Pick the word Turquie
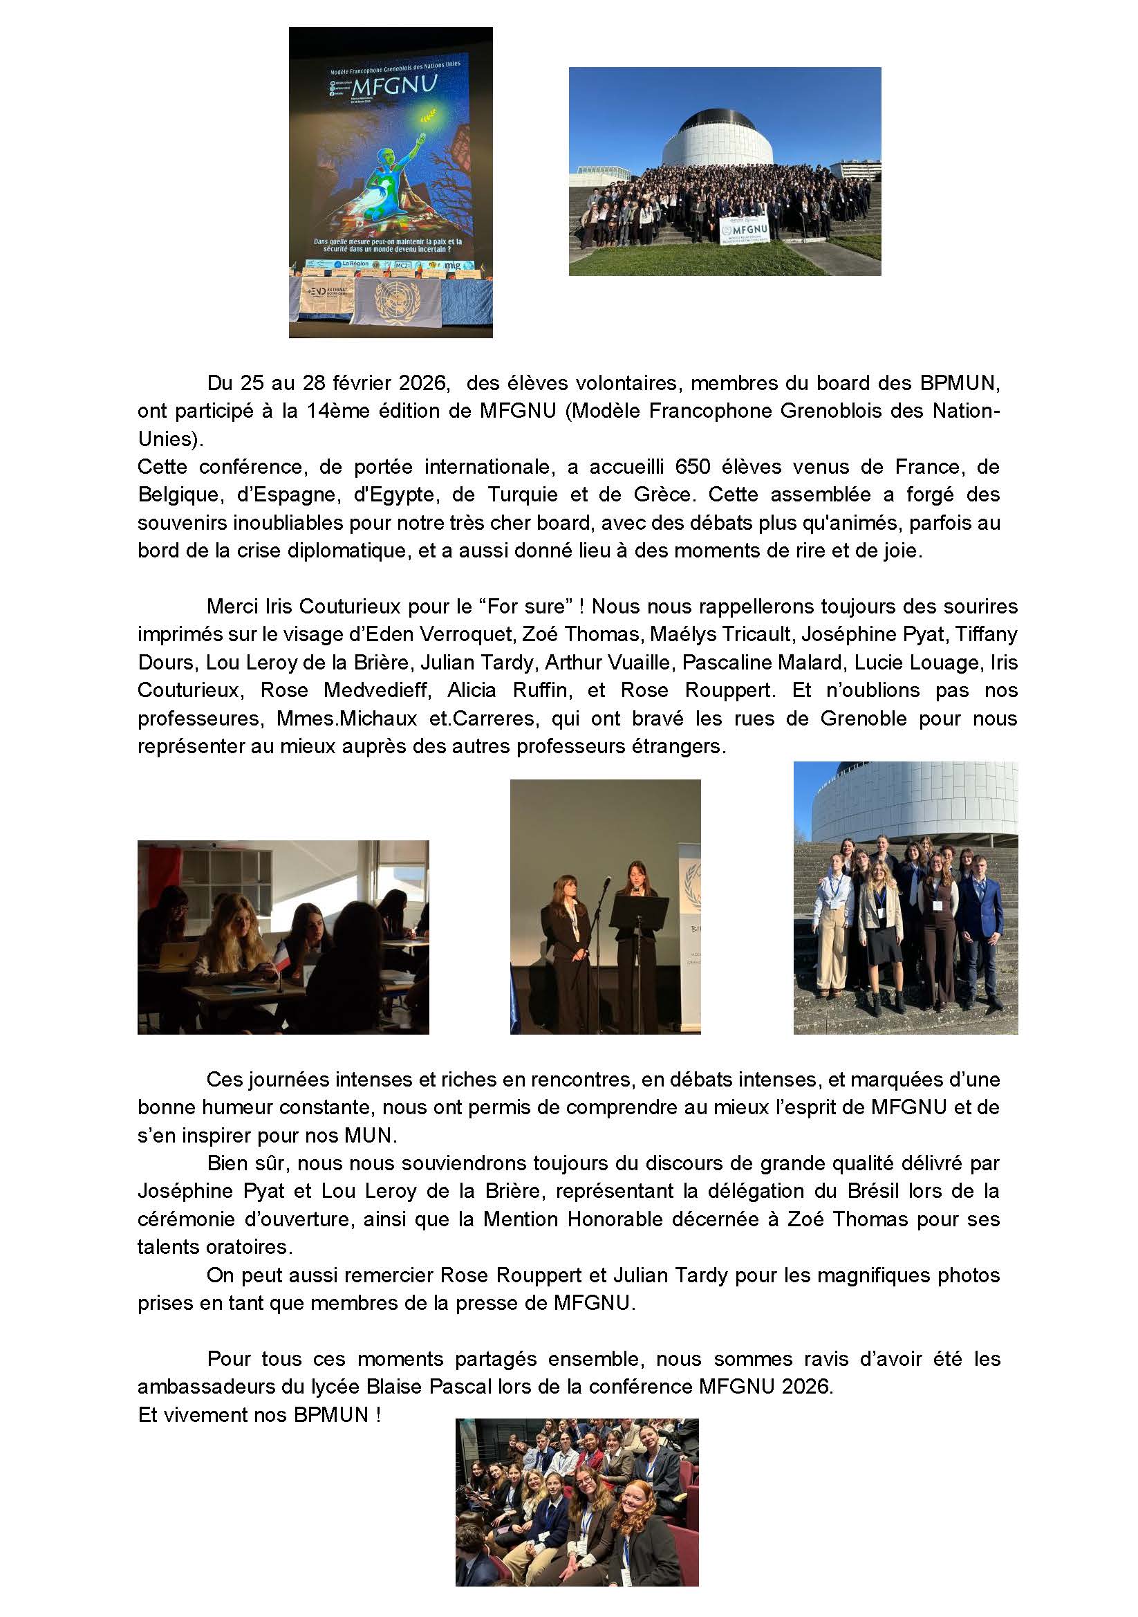pos(521,495)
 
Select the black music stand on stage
pos(638,914)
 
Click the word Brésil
pos(874,1191)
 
